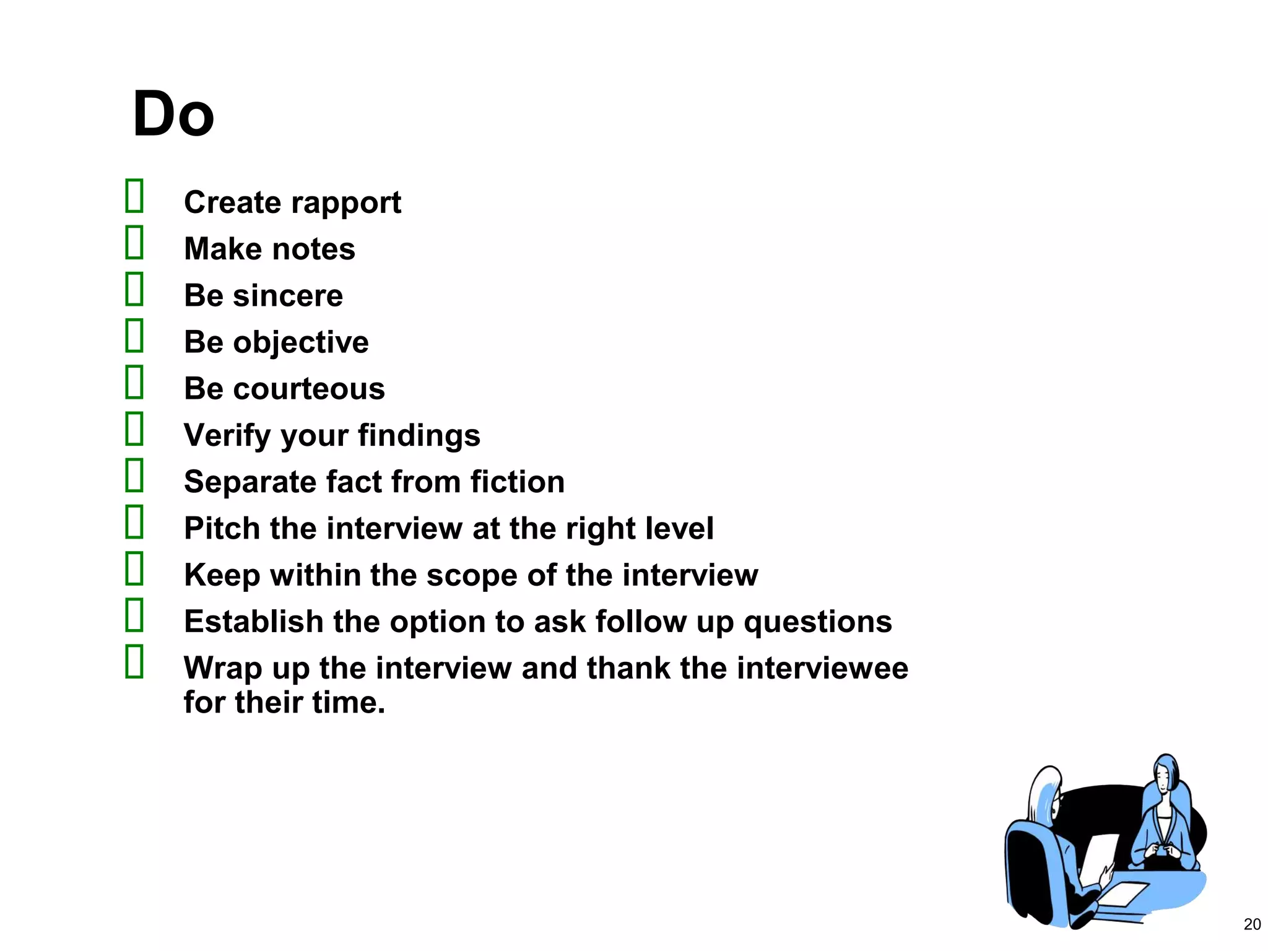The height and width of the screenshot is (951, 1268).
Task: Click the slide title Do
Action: point(173,115)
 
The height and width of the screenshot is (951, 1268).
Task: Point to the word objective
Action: point(301,343)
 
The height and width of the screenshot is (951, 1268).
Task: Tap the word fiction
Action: point(517,482)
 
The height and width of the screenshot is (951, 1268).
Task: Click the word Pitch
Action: point(221,529)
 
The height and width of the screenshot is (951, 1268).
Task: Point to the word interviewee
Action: point(822,669)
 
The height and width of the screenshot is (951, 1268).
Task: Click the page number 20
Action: point(1252,924)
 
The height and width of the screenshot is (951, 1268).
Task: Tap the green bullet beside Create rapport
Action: point(134,196)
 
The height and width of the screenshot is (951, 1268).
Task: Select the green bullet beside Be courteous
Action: point(134,382)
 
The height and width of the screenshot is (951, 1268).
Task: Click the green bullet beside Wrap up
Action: point(134,661)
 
